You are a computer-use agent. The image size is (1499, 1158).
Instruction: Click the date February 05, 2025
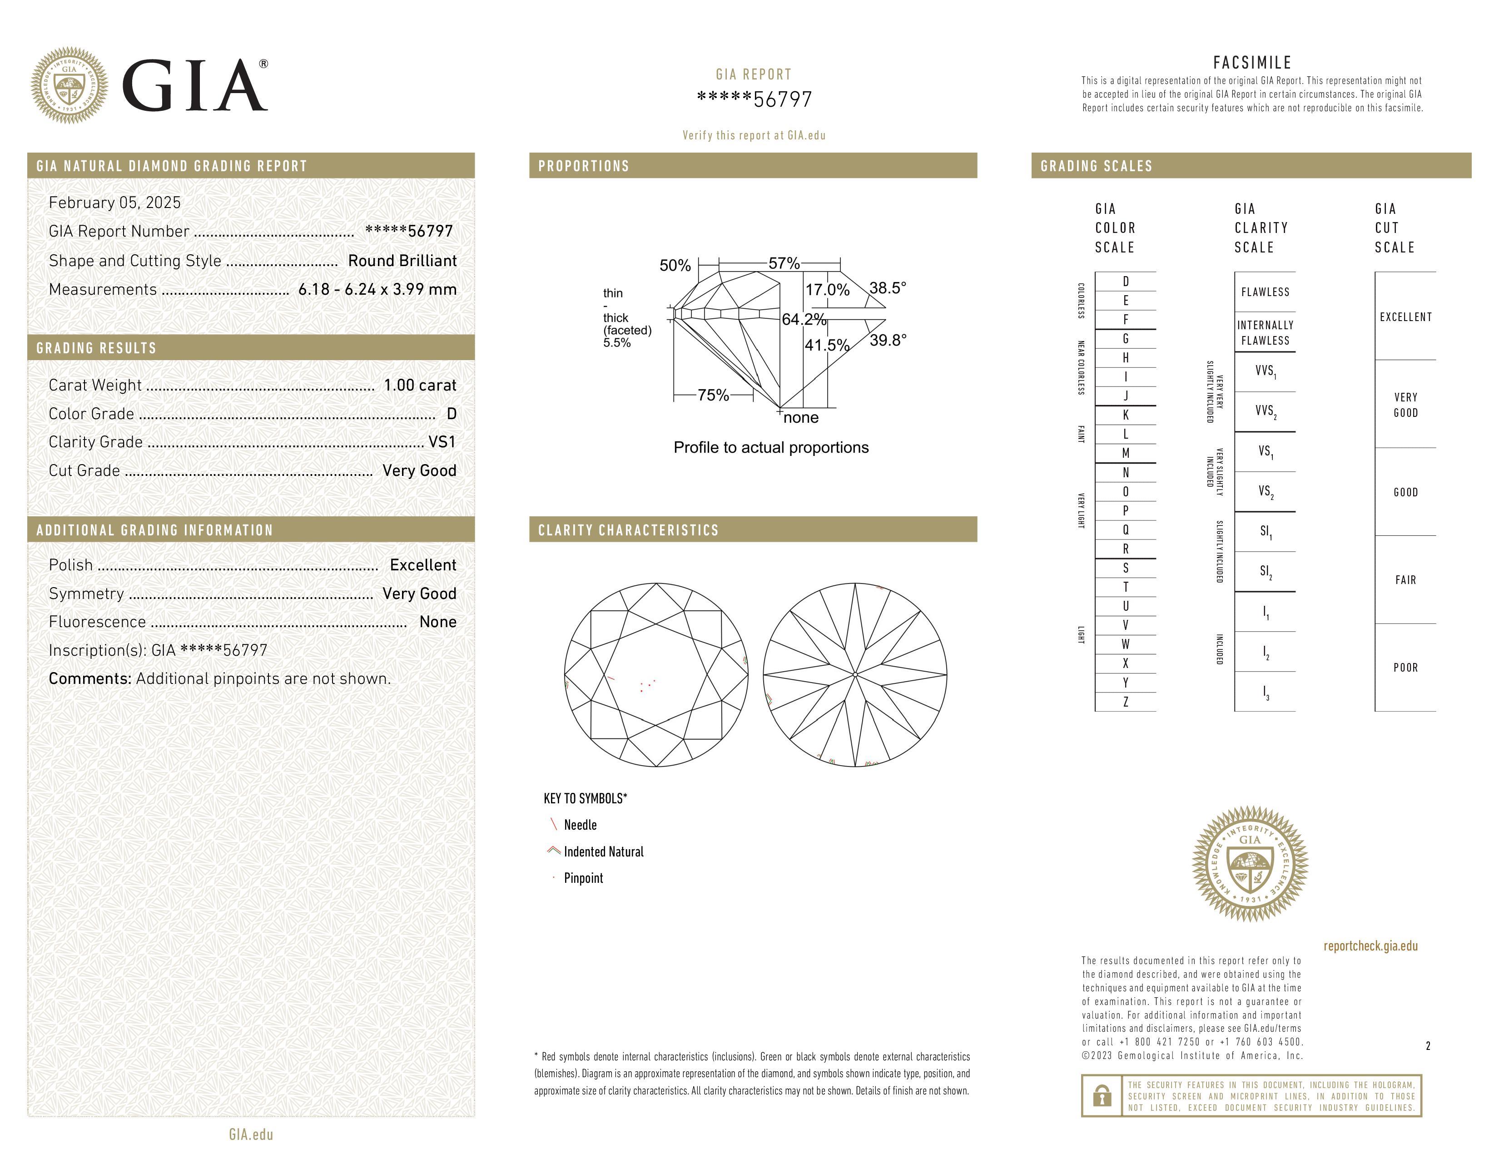[x=114, y=203]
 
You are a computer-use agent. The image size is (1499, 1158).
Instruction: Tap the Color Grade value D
[x=452, y=414]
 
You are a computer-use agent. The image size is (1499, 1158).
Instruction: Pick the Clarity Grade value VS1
[x=442, y=442]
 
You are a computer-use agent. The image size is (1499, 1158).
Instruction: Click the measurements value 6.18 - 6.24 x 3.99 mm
[x=377, y=290]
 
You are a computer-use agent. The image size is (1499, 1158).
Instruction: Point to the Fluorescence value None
[x=438, y=622]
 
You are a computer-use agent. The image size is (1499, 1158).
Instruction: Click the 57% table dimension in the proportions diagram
[x=784, y=263]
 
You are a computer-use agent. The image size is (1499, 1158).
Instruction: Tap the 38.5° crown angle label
[x=888, y=288]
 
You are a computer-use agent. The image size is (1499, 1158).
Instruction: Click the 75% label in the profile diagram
[x=713, y=395]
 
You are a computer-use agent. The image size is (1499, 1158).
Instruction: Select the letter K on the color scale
[x=1126, y=415]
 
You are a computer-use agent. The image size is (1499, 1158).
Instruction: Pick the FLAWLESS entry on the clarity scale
[x=1265, y=292]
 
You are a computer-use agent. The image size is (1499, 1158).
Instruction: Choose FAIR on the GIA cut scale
[x=1405, y=580]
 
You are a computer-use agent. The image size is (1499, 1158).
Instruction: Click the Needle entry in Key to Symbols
[x=580, y=825]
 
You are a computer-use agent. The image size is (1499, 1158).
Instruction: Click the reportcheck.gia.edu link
[x=1370, y=946]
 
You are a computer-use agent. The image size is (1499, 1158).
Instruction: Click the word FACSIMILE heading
[x=1252, y=62]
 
